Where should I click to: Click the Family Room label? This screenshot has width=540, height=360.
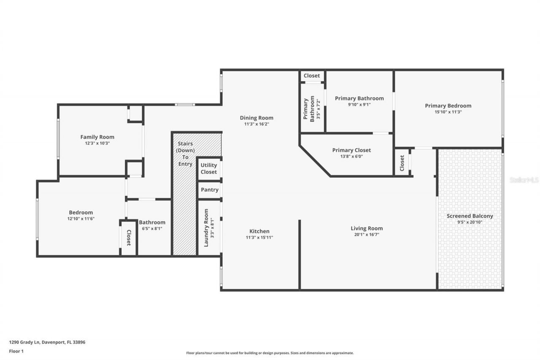pyautogui.click(x=97, y=137)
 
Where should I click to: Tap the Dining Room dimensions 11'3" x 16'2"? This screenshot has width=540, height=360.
pyautogui.click(x=256, y=125)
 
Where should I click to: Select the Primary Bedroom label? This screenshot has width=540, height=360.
pyautogui.click(x=448, y=106)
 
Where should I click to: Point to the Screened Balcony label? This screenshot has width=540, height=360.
pyautogui.click(x=470, y=216)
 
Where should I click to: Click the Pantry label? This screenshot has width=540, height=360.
pyautogui.click(x=209, y=190)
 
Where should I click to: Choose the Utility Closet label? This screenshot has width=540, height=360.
pyautogui.click(x=209, y=168)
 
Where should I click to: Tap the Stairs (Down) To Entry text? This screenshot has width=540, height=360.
pyautogui.click(x=185, y=154)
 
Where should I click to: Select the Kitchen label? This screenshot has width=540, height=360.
pyautogui.click(x=259, y=231)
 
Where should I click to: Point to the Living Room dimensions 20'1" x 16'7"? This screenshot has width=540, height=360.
pyautogui.click(x=367, y=235)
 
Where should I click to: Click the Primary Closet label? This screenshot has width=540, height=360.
pyautogui.click(x=351, y=150)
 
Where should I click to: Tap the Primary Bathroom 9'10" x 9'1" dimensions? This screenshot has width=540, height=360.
pyautogui.click(x=359, y=105)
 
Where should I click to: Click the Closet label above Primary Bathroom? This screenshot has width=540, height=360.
pyautogui.click(x=312, y=76)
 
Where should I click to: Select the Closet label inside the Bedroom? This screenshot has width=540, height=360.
pyautogui.click(x=129, y=238)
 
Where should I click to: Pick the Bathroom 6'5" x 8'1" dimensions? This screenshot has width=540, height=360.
pyautogui.click(x=152, y=228)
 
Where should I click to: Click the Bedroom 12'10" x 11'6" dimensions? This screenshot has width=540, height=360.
pyautogui.click(x=81, y=219)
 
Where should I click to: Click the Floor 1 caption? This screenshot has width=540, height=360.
pyautogui.click(x=17, y=351)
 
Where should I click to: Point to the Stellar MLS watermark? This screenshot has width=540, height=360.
pyautogui.click(x=524, y=180)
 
